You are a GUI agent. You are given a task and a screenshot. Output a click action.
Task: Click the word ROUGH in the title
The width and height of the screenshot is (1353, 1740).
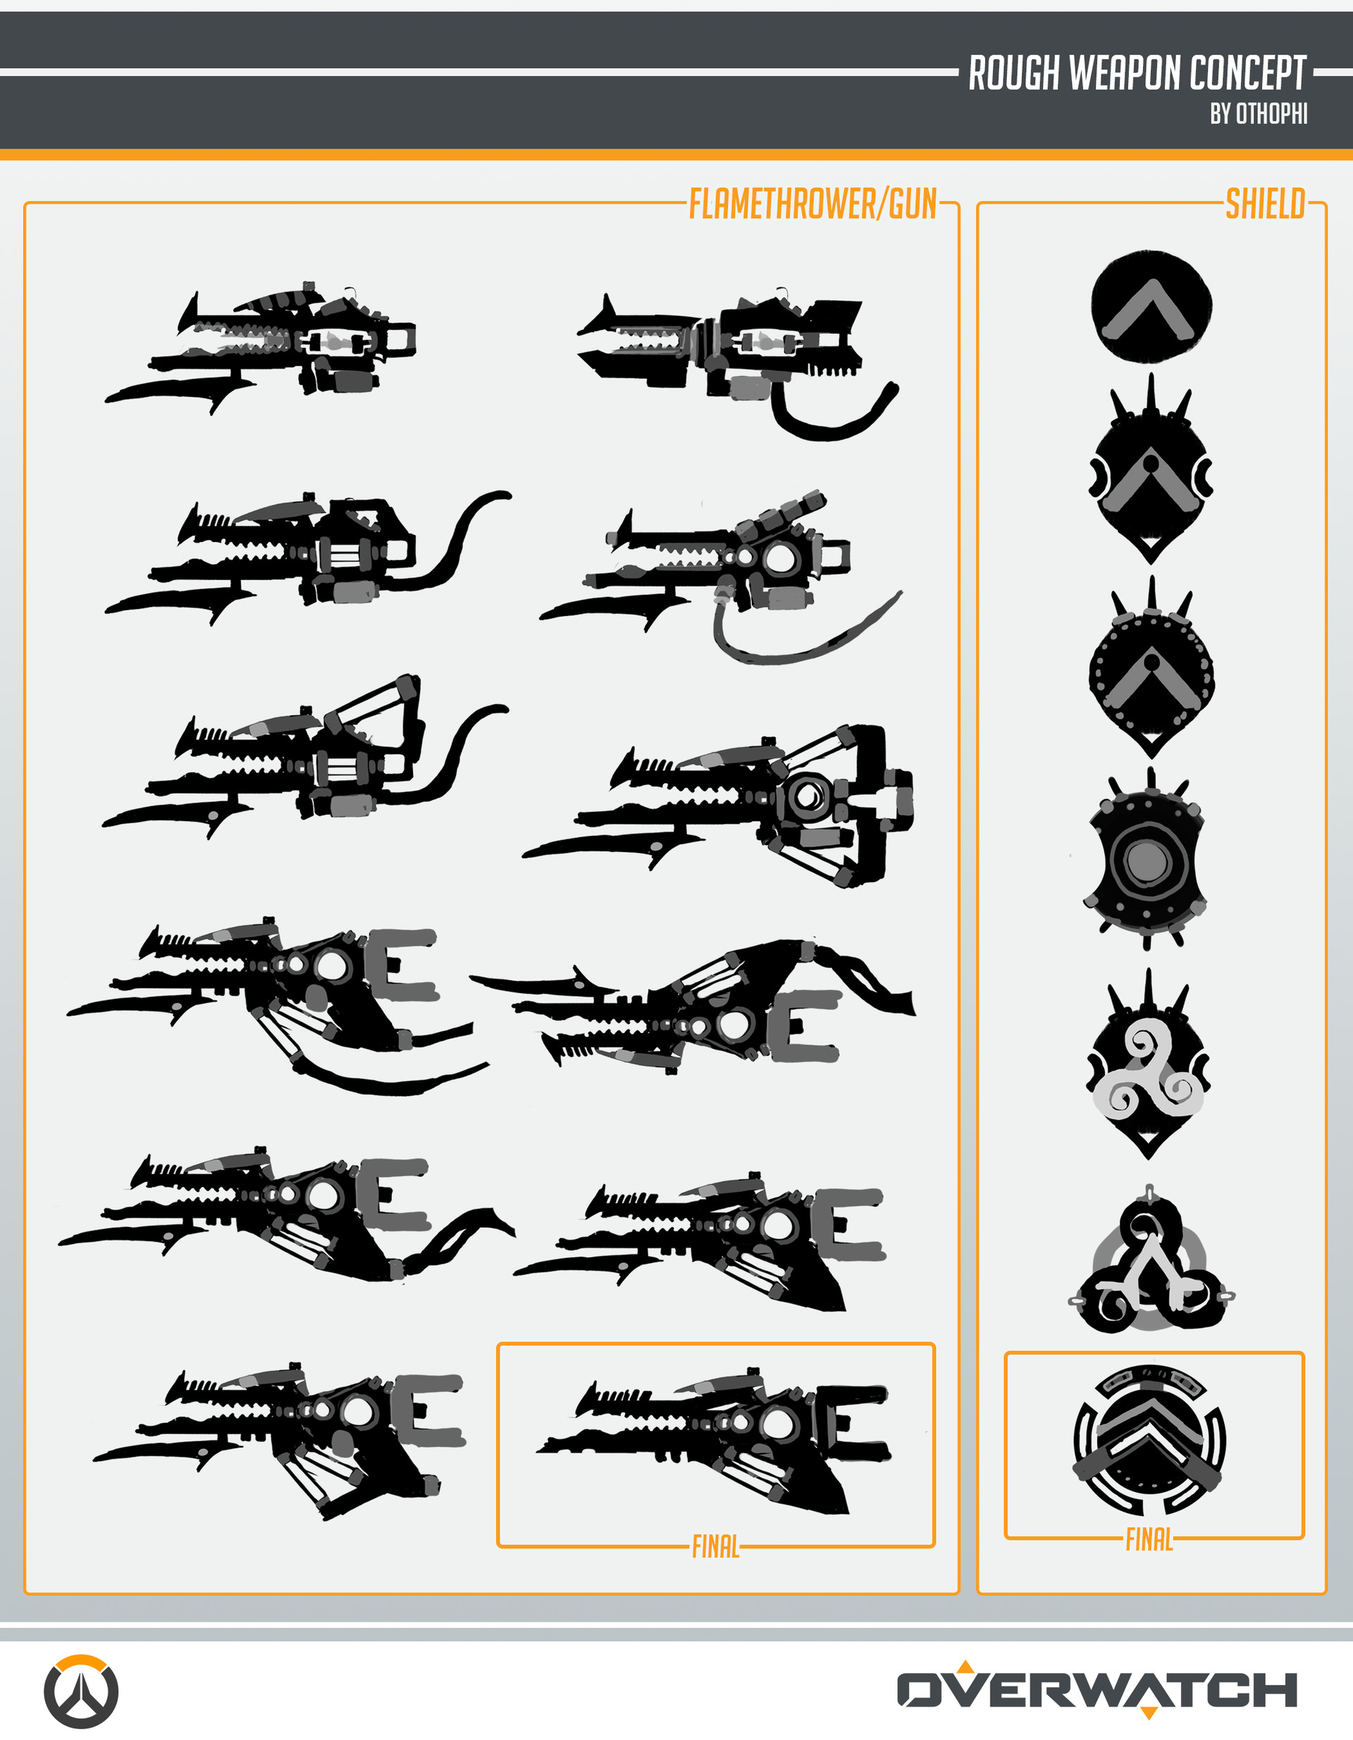[1014, 73]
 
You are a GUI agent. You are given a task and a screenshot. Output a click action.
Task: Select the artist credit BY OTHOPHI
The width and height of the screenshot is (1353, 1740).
[1259, 114]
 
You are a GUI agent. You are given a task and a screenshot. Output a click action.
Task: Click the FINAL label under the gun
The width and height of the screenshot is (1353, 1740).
[715, 1546]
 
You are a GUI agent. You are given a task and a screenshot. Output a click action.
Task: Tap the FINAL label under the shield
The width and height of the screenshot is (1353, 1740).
[1149, 1539]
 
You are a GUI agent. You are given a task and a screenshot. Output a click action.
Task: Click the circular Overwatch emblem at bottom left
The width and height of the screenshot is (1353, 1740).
[80, 1691]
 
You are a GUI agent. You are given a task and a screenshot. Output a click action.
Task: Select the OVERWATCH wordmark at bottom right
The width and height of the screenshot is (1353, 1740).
[1097, 1689]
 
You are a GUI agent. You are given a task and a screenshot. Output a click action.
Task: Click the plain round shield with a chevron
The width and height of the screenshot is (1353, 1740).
[1151, 307]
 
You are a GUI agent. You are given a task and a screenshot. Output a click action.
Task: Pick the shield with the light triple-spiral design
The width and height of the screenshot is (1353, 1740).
[1148, 1064]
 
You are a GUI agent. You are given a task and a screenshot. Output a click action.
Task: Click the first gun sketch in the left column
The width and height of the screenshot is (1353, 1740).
[261, 347]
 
